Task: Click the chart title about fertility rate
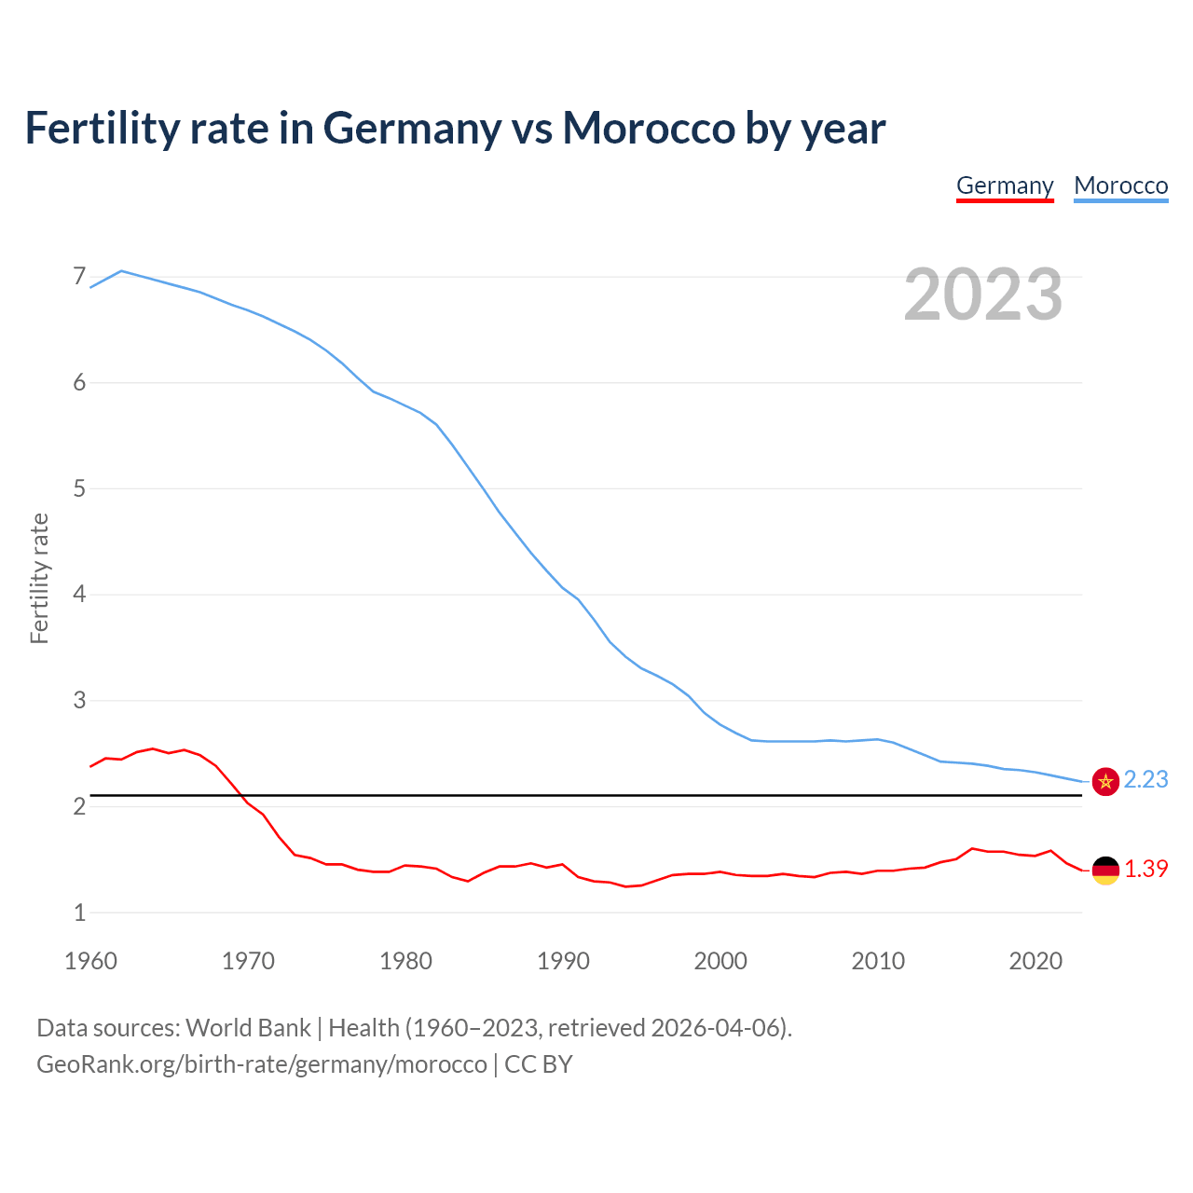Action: (455, 128)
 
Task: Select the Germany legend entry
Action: (1005, 185)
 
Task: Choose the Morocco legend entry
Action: (1120, 185)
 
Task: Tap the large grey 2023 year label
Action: (982, 295)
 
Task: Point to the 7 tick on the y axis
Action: (79, 277)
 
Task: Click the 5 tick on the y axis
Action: (79, 488)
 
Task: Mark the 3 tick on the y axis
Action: (79, 700)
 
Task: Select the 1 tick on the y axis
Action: (79, 912)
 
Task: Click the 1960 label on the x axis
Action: (90, 961)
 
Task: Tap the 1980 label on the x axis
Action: (405, 961)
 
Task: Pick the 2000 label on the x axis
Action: (720, 961)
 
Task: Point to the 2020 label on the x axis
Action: (1035, 961)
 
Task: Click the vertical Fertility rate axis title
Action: (39, 578)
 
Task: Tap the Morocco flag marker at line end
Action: (1105, 781)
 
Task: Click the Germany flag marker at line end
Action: (1105, 870)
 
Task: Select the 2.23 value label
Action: (1145, 779)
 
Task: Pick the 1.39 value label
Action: (1145, 869)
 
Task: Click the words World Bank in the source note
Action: (248, 1027)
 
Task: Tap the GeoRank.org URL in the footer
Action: (261, 1063)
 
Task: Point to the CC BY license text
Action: (539, 1063)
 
